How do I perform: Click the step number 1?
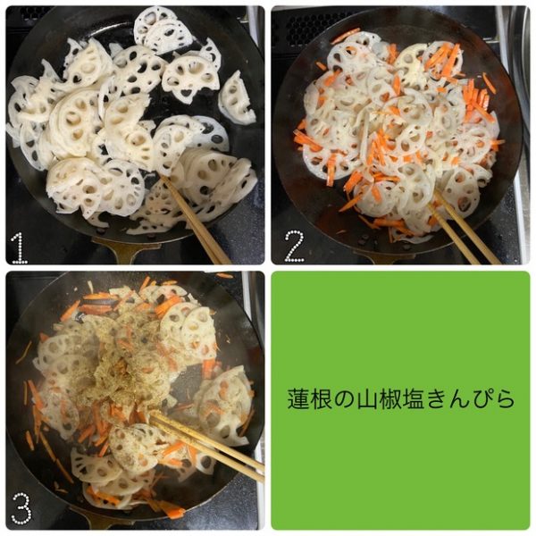(x=19, y=247)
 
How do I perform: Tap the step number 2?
(x=294, y=247)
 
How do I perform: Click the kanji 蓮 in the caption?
(x=299, y=399)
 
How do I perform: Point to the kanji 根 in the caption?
(x=322, y=399)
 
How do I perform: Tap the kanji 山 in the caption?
(x=367, y=399)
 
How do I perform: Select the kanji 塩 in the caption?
(x=414, y=399)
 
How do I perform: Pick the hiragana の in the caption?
(x=345, y=399)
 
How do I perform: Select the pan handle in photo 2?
(x=383, y=257)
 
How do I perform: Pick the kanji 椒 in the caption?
(x=390, y=399)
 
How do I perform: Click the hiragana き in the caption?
(x=436, y=399)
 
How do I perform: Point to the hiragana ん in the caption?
(x=459, y=399)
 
